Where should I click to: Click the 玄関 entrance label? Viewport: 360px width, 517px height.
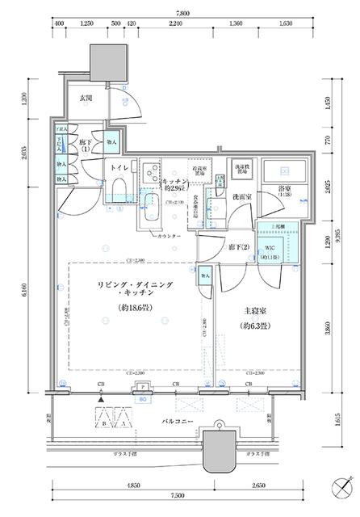pyautogui.click(x=85, y=99)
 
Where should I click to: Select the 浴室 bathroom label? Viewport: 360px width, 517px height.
pyautogui.click(x=285, y=192)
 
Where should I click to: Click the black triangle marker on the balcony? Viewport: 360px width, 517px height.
pyautogui.click(x=101, y=399)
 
